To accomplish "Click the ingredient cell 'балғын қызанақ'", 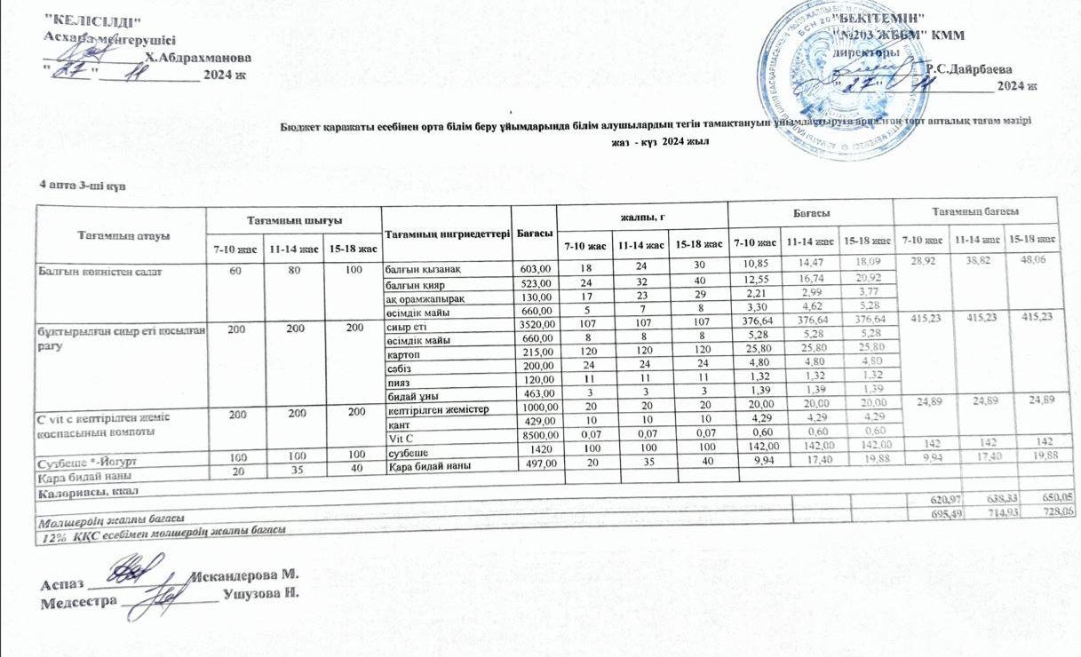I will pos(422,268).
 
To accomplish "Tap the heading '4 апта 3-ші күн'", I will pos(78,186).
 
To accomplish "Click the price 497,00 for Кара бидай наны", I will pos(537,466).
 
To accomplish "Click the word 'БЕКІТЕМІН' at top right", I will pos(885,19).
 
